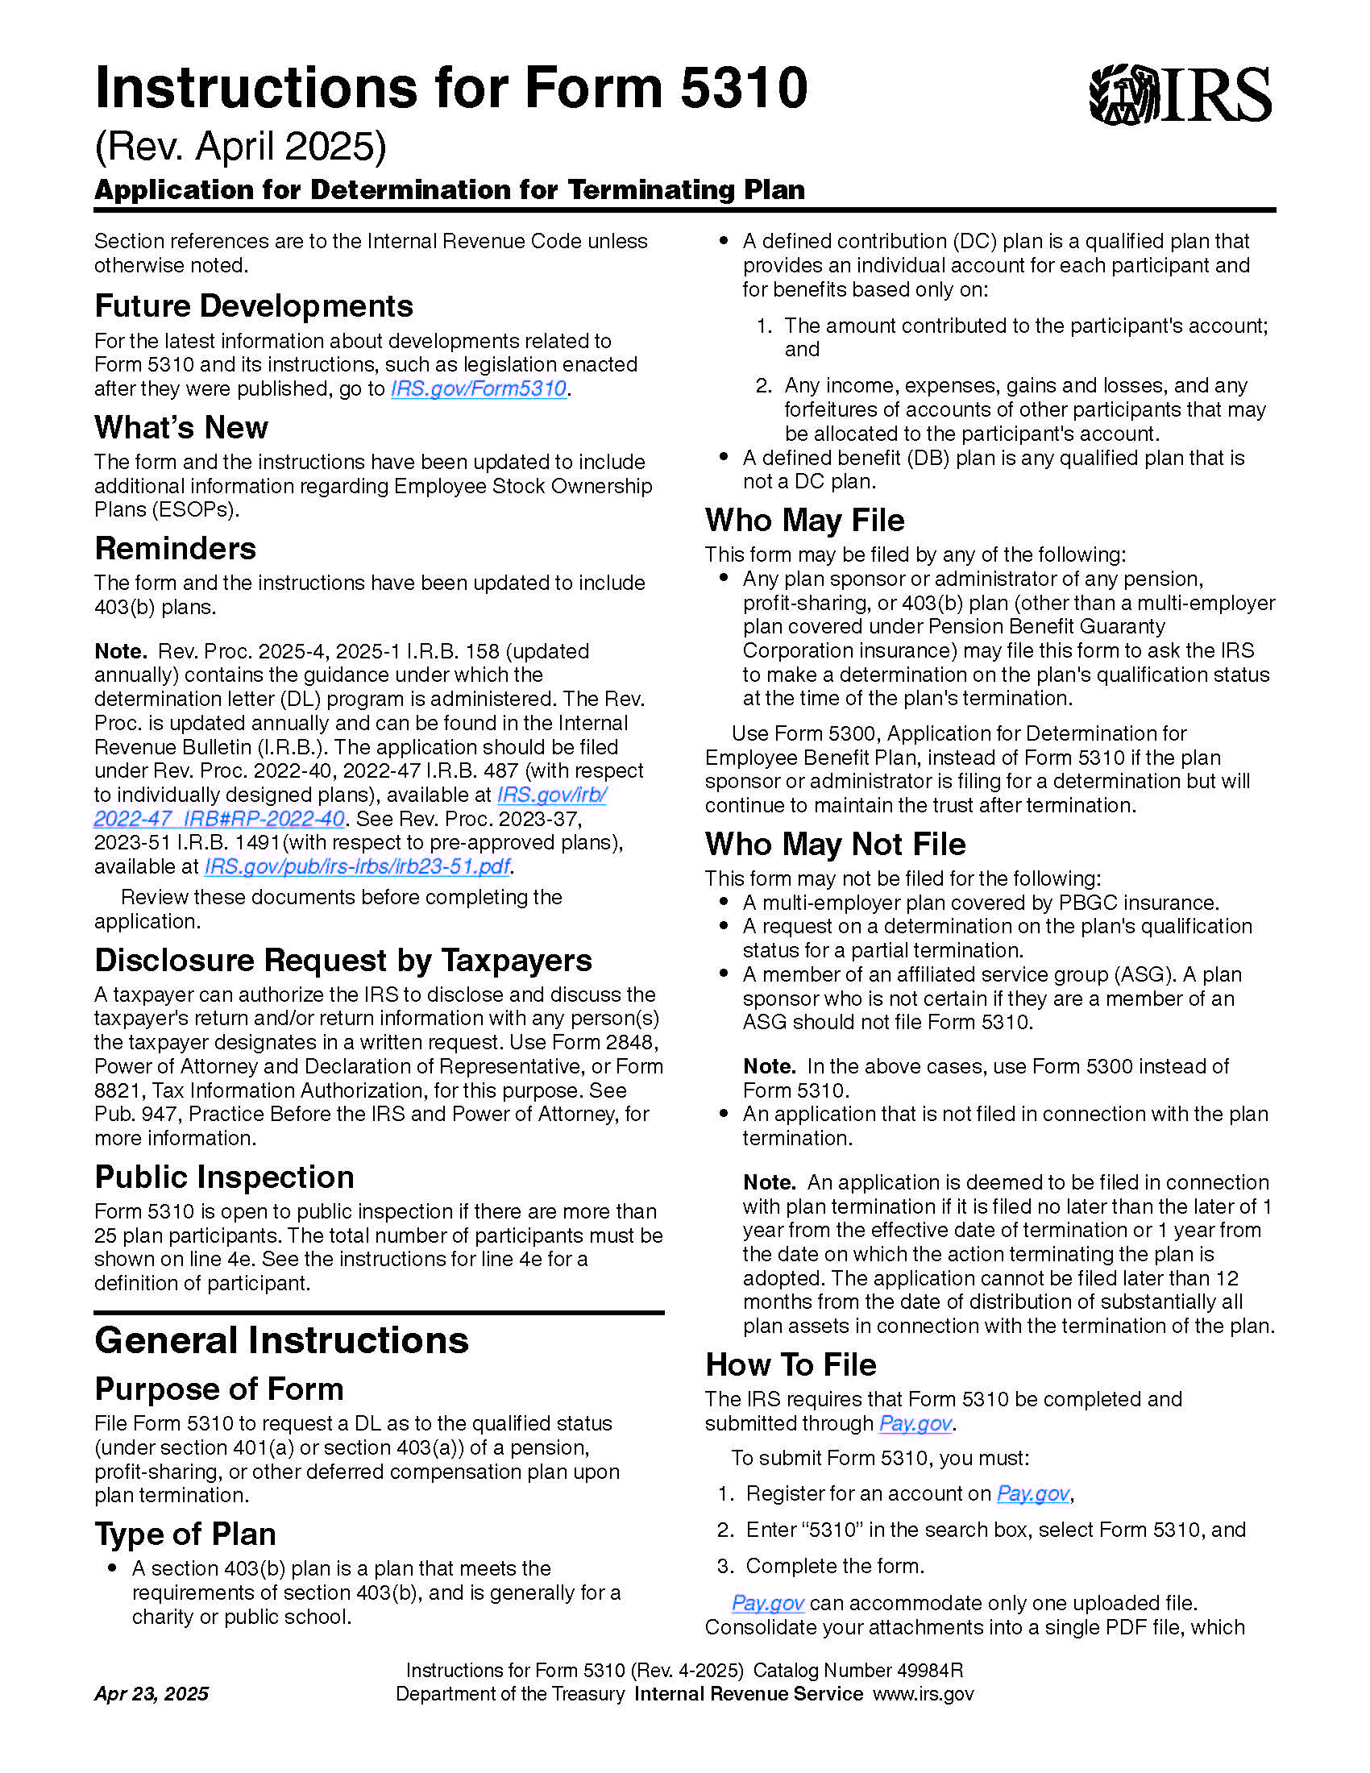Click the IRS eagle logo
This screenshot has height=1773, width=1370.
pyautogui.click(x=1179, y=95)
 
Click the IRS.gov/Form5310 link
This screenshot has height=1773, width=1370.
pyautogui.click(x=478, y=389)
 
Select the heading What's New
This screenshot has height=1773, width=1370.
pyautogui.click(x=181, y=428)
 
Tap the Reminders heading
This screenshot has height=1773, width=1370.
pyautogui.click(x=176, y=549)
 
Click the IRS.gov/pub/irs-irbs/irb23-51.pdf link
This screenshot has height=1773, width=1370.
pyautogui.click(x=357, y=867)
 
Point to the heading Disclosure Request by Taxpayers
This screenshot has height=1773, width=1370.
pyautogui.click(x=343, y=961)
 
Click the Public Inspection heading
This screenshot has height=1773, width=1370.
pyautogui.click(x=224, y=1177)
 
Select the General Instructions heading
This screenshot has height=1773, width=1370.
pyautogui.click(x=281, y=1340)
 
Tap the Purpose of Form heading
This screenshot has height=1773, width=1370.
pyautogui.click(x=219, y=1389)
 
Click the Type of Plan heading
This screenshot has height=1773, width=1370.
pyautogui.click(x=185, y=1534)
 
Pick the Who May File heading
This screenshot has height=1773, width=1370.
pyautogui.click(x=804, y=521)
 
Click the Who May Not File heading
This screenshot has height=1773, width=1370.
pyautogui.click(x=835, y=845)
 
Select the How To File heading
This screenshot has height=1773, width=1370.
pyautogui.click(x=791, y=1364)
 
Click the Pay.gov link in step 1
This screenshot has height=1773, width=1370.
pyautogui.click(x=1032, y=1493)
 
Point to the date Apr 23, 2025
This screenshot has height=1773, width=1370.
pyautogui.click(x=152, y=1693)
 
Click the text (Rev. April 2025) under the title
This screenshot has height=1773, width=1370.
pyautogui.click(x=240, y=147)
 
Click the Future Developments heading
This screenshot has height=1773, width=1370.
pyautogui.click(x=253, y=307)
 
